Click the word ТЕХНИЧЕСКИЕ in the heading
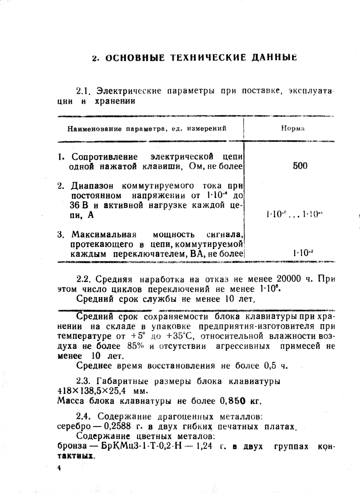pyautogui.click(x=197, y=58)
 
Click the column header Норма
pyautogui.click(x=293, y=128)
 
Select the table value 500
pyautogui.click(x=300, y=166)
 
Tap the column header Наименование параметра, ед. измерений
pyautogui.click(x=147, y=129)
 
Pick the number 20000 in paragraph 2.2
pyautogui.click(x=290, y=278)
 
